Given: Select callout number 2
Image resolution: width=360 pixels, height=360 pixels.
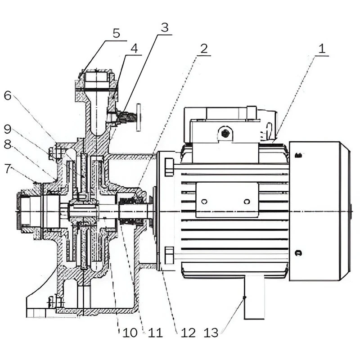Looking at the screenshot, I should (x=204, y=49).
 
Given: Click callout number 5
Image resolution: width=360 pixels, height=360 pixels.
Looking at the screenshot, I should (x=116, y=34).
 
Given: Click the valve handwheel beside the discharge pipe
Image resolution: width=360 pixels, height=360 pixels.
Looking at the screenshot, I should (x=139, y=117).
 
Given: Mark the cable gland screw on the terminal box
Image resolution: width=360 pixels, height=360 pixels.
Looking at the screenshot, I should (x=225, y=133).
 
